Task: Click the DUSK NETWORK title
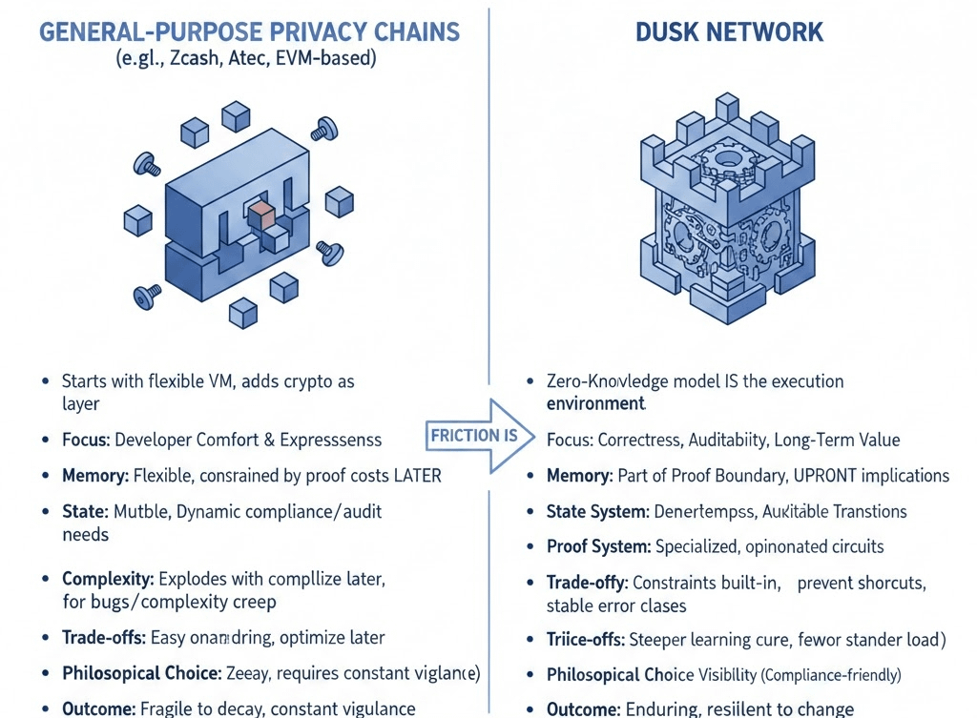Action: [x=729, y=31]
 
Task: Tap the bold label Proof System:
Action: [x=598, y=546]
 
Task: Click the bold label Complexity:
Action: [x=107, y=579]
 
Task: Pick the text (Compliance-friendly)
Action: [x=829, y=675]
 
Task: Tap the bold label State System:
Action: [x=597, y=511]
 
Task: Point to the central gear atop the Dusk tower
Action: [x=729, y=158]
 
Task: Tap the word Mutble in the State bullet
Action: [x=140, y=511]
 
